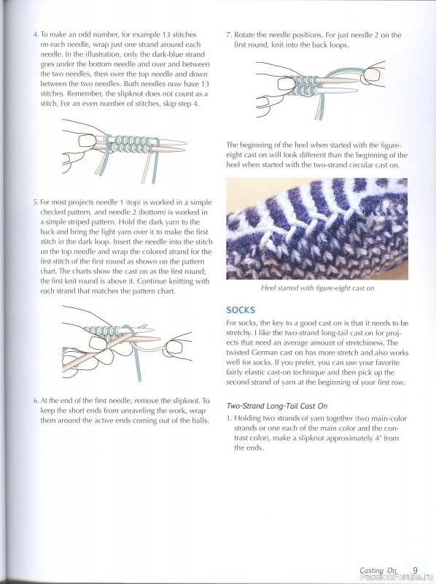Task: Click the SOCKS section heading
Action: pyautogui.click(x=241, y=310)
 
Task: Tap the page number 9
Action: pyautogui.click(x=415, y=570)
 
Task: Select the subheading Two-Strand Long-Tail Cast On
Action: pyautogui.click(x=277, y=406)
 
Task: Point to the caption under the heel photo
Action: pyautogui.click(x=317, y=288)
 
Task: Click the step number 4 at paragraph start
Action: pyautogui.click(x=36, y=35)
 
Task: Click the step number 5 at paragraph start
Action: pyautogui.click(x=36, y=203)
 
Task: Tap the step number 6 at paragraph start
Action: pyautogui.click(x=36, y=401)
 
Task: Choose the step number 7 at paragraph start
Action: pyautogui.click(x=229, y=35)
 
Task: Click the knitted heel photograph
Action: pyautogui.click(x=317, y=228)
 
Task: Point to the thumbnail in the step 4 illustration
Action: pyautogui.click(x=87, y=141)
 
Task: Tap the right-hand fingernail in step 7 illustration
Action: pyautogui.click(x=372, y=75)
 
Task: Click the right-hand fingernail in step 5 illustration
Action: pyautogui.click(x=174, y=347)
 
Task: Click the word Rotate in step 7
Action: pyautogui.click(x=244, y=35)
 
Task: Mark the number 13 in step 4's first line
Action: pyautogui.click(x=166, y=34)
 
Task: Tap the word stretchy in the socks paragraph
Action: pyautogui.click(x=238, y=333)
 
